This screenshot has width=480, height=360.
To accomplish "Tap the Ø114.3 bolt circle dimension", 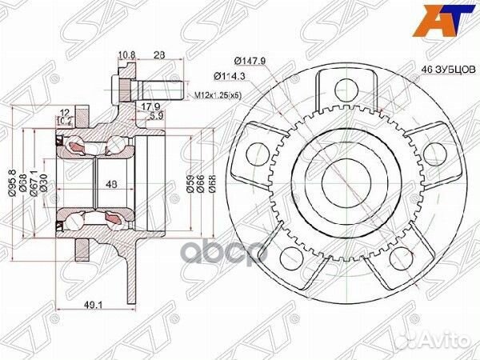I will click(x=229, y=76).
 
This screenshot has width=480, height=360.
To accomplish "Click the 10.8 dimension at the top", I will click(x=125, y=56).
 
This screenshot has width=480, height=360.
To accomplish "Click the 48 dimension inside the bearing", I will click(x=112, y=183).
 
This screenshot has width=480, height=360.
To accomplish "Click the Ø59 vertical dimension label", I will click(x=190, y=182).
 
